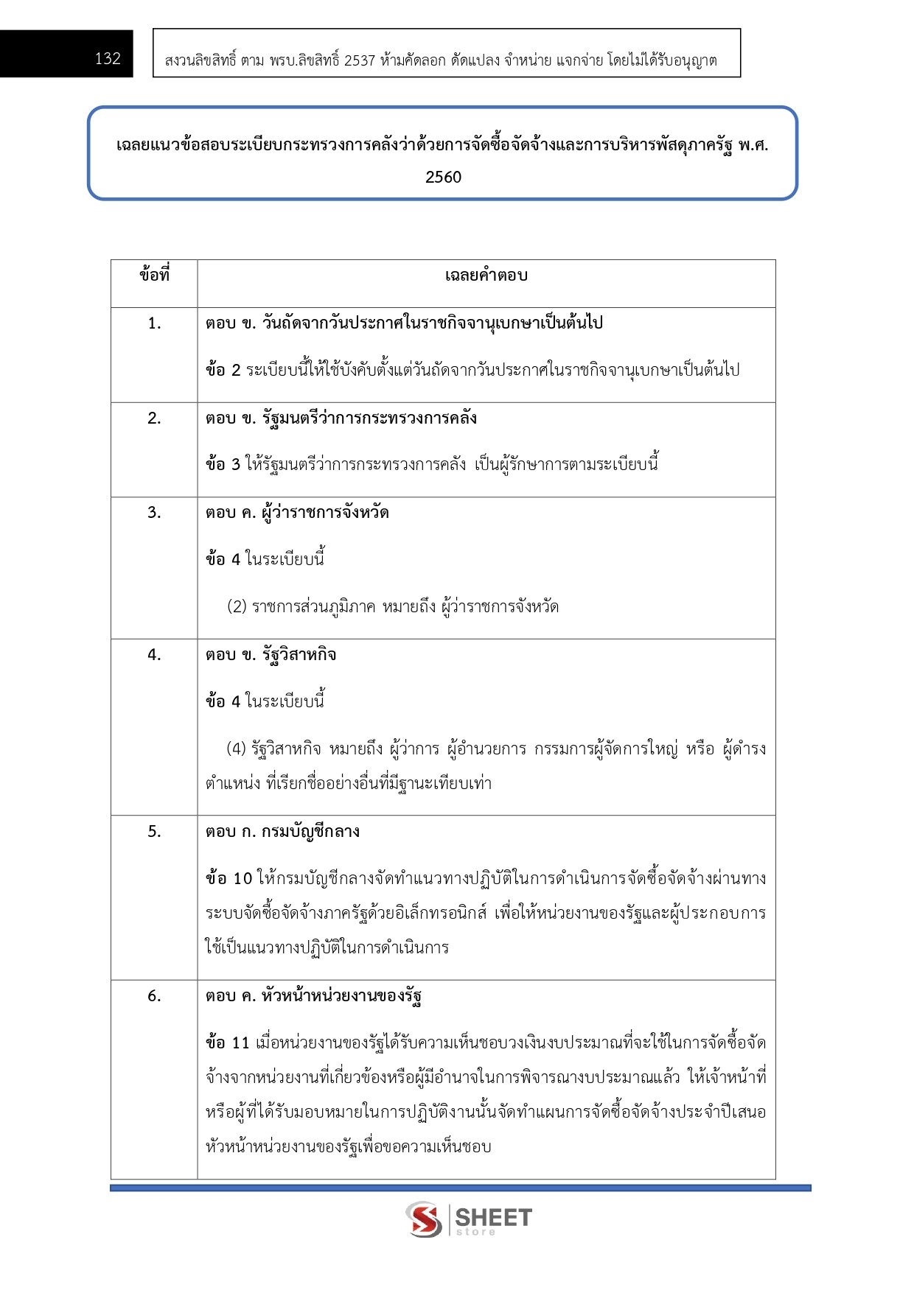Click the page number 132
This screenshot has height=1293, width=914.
(108, 59)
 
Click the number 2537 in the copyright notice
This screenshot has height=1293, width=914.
(360, 60)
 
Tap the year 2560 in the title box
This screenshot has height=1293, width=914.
(443, 177)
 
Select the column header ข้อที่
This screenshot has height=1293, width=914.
(154, 276)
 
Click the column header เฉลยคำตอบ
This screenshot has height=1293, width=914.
(486, 276)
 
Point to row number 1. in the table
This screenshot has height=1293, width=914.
(154, 323)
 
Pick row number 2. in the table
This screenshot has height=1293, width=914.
(154, 418)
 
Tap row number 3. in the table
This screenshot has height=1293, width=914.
(154, 513)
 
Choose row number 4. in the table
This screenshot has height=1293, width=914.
(154, 655)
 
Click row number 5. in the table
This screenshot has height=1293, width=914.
(154, 832)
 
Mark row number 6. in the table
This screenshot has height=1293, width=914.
(154, 996)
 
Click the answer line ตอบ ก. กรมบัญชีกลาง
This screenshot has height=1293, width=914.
(282, 832)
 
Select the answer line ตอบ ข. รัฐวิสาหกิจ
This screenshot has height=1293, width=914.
(271, 655)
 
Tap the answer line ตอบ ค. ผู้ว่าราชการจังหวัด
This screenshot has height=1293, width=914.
(297, 513)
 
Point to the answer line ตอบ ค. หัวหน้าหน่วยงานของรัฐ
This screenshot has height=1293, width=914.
(313, 996)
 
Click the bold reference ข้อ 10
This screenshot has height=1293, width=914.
(228, 878)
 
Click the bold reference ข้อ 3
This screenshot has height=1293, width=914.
(223, 464)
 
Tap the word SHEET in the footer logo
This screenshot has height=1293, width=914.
(493, 1217)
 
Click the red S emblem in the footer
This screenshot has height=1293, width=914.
(425, 1219)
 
